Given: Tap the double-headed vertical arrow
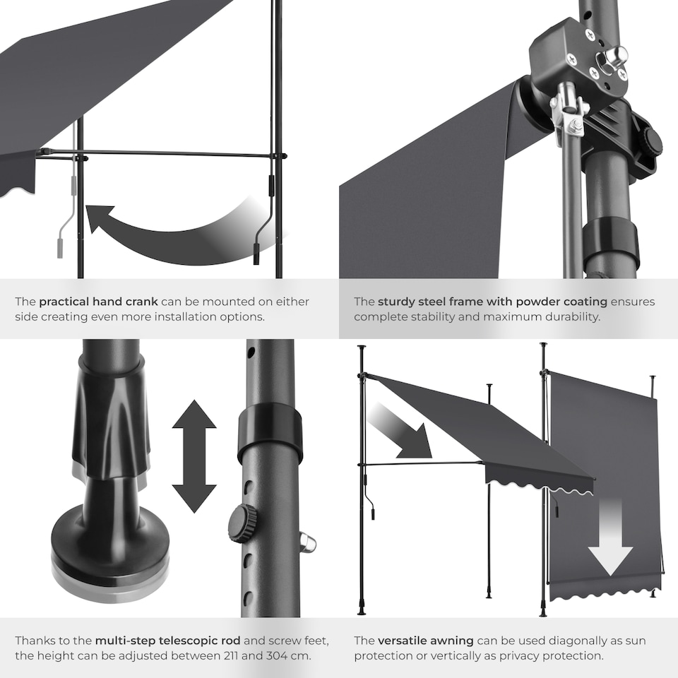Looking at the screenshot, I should [x=194, y=456].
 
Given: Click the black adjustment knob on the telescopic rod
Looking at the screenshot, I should [x=242, y=523].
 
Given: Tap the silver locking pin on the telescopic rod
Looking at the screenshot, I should [x=307, y=542].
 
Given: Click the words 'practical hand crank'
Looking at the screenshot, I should [x=98, y=302].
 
